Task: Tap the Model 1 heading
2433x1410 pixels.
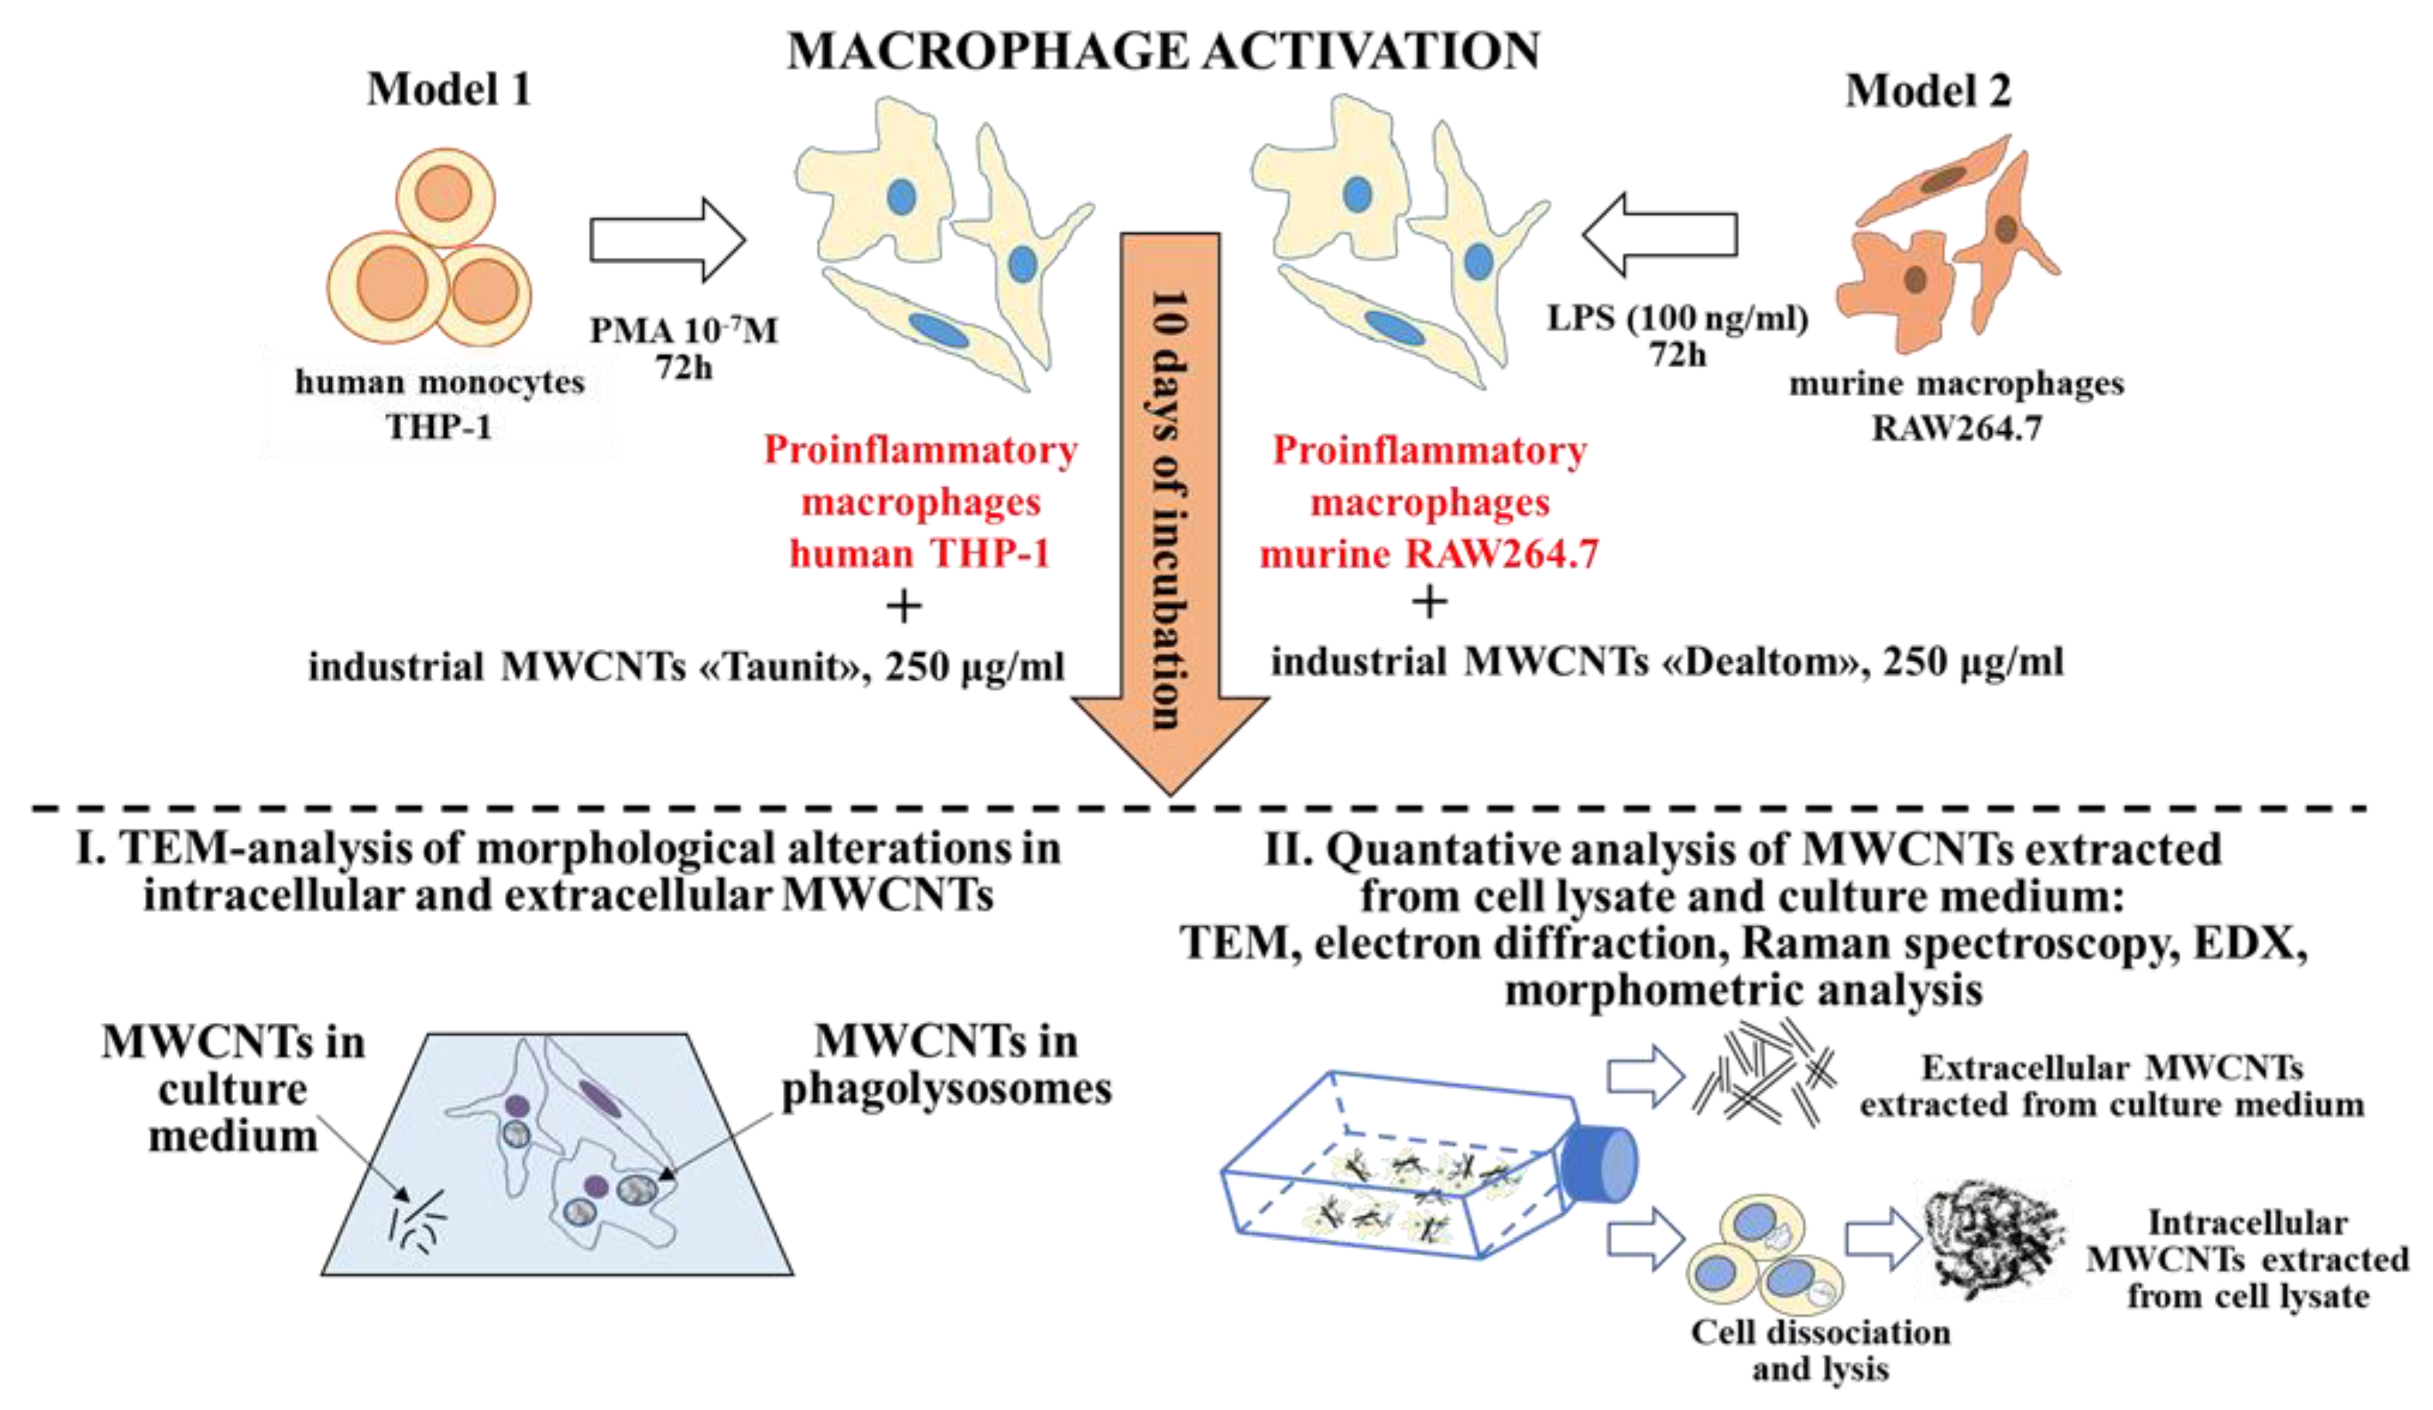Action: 449,90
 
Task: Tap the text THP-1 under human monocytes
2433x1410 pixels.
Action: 439,426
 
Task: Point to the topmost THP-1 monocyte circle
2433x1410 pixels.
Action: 445,196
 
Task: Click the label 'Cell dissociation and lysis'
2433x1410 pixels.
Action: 1820,1350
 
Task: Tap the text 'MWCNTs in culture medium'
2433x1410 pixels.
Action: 234,1089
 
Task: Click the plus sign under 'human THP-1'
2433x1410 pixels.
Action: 904,607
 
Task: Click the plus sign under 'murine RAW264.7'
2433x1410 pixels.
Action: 1429,602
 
